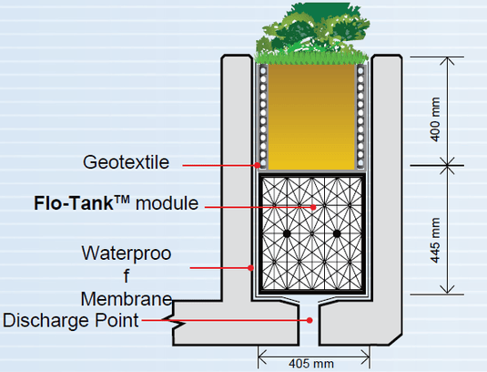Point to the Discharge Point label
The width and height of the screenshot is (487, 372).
pyautogui.click(x=71, y=319)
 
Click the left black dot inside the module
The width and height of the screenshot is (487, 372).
pyautogui.click(x=287, y=234)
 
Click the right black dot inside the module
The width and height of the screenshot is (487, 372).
pyautogui.click(x=336, y=234)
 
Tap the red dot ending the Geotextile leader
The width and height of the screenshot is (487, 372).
pyautogui.click(x=259, y=165)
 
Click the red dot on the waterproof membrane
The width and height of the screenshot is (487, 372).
pyautogui.click(x=251, y=267)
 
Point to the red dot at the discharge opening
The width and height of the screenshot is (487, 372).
pyautogui.click(x=310, y=320)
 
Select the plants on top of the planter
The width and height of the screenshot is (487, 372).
pyautogui.click(x=310, y=32)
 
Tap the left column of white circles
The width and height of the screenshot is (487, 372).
pyautogui.click(x=260, y=114)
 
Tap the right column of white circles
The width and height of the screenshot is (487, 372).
pyautogui.click(x=361, y=114)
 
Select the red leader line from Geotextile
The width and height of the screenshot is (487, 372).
pyautogui.click(x=218, y=165)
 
